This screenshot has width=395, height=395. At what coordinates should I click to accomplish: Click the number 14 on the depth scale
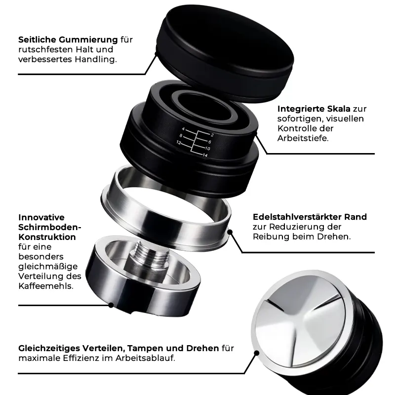(x=205, y=155)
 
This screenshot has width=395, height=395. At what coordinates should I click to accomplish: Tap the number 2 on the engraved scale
(x=212, y=135)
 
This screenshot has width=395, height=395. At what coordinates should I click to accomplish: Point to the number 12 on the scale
(x=179, y=143)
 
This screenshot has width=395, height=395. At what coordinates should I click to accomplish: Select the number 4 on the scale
(x=183, y=129)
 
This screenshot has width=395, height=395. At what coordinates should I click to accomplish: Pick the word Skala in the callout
(x=339, y=109)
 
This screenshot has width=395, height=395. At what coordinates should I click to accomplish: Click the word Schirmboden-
(x=50, y=227)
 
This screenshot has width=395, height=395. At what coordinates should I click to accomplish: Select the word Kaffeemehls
(x=46, y=286)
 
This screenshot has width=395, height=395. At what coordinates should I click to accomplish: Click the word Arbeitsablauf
(x=145, y=358)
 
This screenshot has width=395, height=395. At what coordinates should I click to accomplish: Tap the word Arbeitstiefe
(x=303, y=138)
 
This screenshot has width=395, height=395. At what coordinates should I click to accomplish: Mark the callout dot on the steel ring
(x=230, y=232)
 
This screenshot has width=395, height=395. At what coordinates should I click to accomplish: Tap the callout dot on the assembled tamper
(x=257, y=353)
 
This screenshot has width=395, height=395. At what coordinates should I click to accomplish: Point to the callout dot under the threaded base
(x=111, y=305)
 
